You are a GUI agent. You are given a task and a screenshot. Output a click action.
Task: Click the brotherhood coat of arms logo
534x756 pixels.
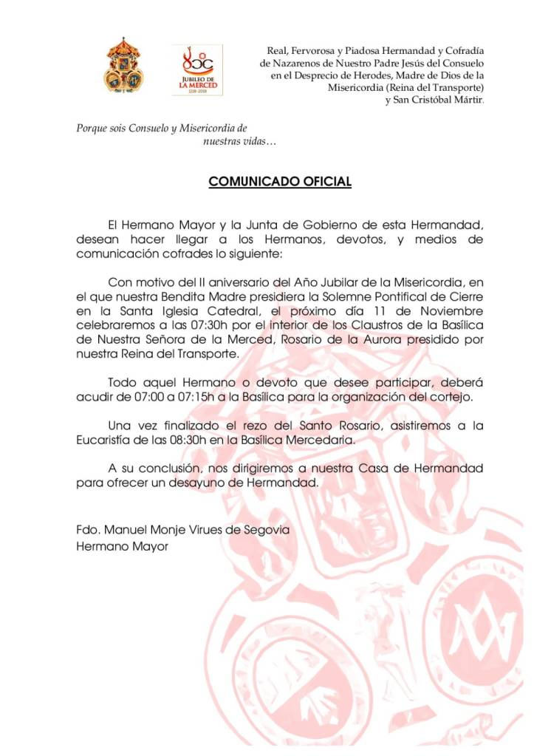[123, 66]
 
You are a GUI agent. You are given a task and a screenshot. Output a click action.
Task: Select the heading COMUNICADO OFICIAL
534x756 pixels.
[280, 182]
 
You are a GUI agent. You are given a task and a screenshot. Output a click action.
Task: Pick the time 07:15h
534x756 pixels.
[200, 398]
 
